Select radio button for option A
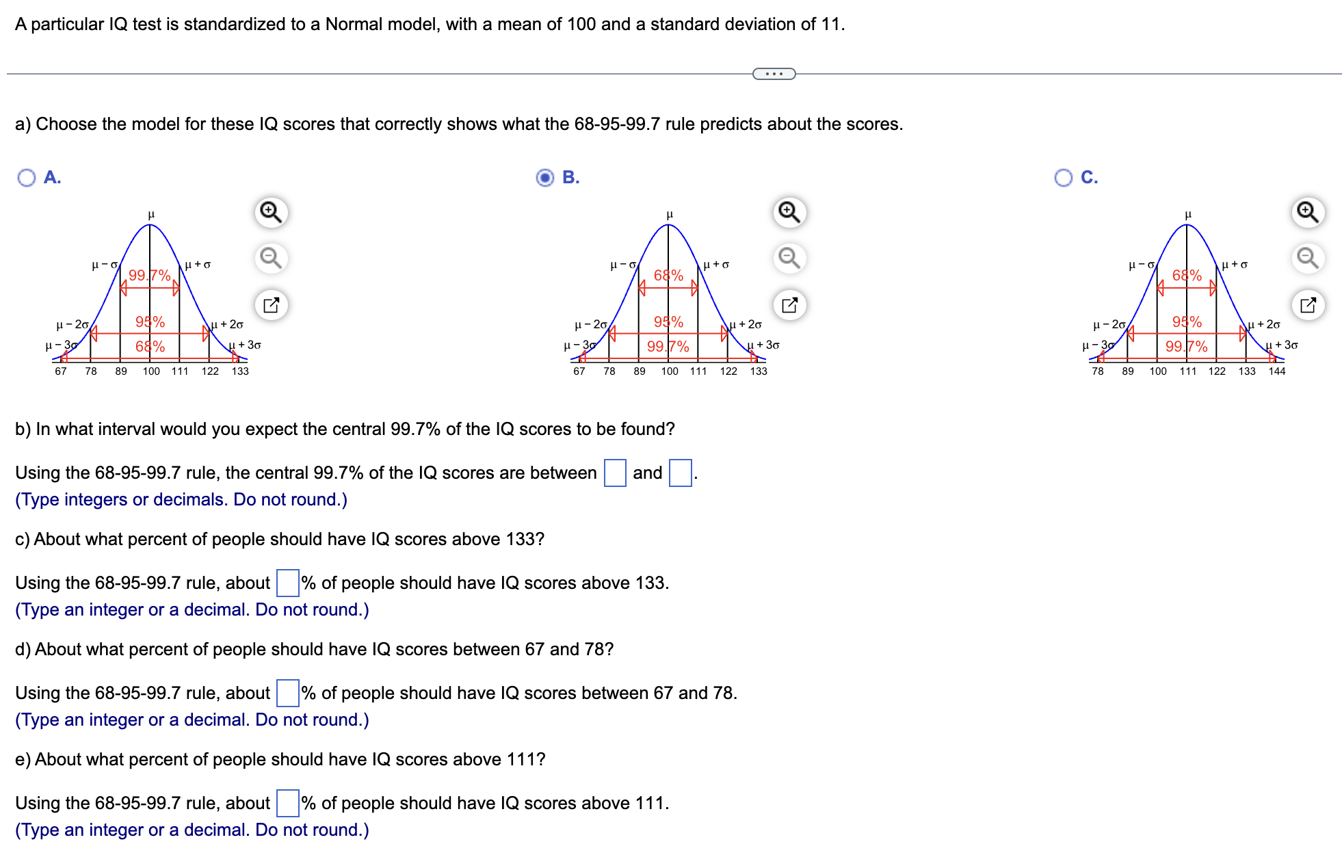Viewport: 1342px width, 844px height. point(27,178)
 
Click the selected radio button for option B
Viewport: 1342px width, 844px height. point(545,178)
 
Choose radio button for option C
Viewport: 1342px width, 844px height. point(1064,178)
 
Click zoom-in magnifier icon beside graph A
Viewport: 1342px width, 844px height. point(271,212)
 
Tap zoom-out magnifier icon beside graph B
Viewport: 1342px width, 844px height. point(789,258)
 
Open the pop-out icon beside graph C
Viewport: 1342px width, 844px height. point(1308,304)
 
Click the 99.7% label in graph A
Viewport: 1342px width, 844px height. point(149,275)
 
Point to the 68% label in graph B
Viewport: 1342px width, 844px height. point(668,275)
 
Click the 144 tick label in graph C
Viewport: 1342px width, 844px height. point(1277,371)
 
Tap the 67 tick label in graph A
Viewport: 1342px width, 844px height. point(61,371)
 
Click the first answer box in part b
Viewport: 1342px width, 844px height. point(615,473)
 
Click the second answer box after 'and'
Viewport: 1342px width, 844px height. point(680,473)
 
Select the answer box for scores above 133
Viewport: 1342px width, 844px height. point(288,583)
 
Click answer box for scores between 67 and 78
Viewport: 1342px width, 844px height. point(288,693)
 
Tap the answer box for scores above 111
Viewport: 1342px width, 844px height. point(288,803)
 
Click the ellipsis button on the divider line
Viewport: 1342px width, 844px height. point(774,74)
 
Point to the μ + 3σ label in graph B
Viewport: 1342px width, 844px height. point(763,345)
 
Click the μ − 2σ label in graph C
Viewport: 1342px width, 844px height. point(1109,324)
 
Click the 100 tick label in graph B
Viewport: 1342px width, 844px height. point(670,371)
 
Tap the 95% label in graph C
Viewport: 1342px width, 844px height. point(1187,321)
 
